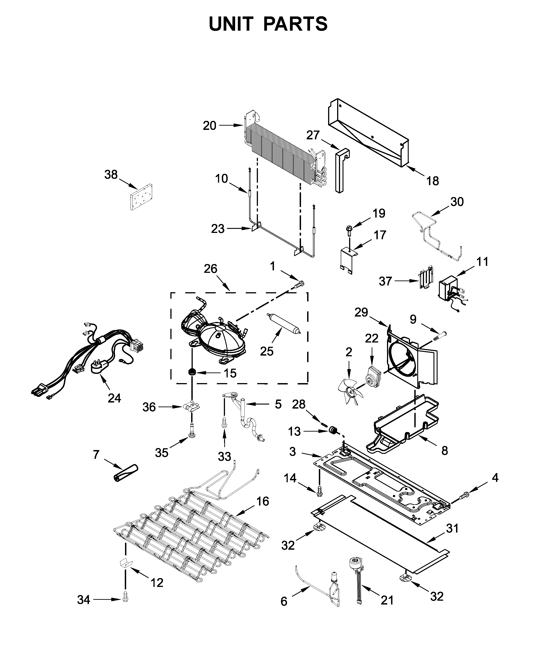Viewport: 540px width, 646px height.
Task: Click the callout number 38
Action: tap(111, 175)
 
